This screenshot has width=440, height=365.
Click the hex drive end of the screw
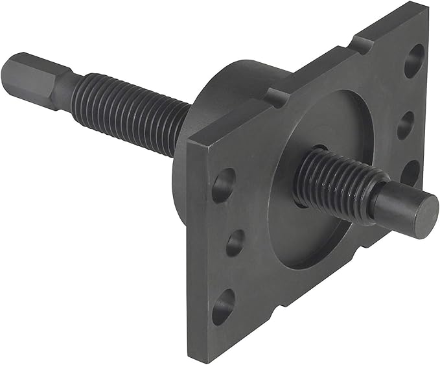pos(26,75)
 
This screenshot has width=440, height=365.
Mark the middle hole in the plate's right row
pos(406,123)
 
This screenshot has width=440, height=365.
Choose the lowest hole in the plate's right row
pos(410,174)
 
